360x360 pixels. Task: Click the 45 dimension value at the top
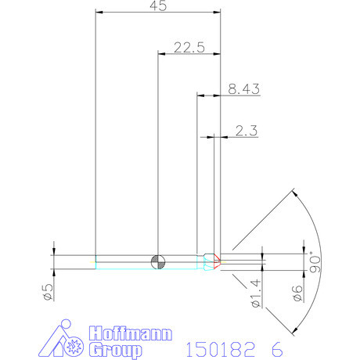(x=157, y=6)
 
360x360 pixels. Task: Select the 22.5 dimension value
(x=189, y=47)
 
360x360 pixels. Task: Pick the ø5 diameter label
(x=47, y=293)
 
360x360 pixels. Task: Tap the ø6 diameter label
(x=297, y=293)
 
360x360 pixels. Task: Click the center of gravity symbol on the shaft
(x=158, y=261)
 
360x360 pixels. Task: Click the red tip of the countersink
(x=220, y=261)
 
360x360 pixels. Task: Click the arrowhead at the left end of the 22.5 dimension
(x=161, y=53)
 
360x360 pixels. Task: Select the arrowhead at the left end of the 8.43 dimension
(x=199, y=95)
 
